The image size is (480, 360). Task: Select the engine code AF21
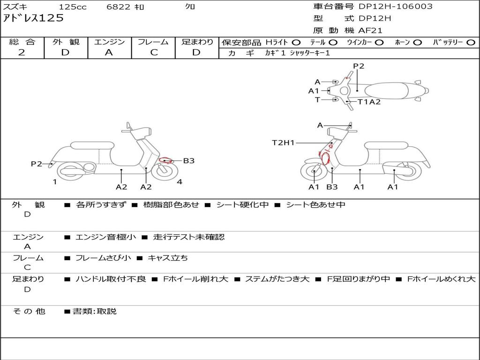click(371, 30)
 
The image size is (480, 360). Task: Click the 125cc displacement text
click(73, 7)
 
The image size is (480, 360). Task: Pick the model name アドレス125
click(33, 18)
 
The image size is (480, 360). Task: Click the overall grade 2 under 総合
click(22, 52)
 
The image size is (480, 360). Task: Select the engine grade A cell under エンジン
click(109, 52)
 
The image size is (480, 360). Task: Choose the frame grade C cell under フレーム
click(154, 52)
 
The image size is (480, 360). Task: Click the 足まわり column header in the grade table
click(197, 42)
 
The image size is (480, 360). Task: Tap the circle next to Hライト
click(296, 42)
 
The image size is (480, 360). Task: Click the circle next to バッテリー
click(471, 42)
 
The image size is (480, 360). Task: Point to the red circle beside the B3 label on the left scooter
click(165, 160)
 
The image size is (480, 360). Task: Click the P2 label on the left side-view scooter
click(37, 164)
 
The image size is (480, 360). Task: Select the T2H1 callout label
click(283, 142)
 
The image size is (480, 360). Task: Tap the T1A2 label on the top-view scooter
click(369, 102)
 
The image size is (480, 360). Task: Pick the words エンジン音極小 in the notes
click(106, 237)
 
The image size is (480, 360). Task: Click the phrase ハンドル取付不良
click(111, 279)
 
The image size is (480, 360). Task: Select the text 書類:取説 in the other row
click(95, 311)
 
